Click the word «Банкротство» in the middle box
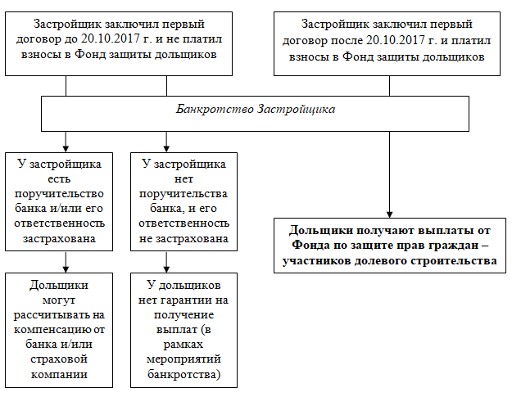click(x=215, y=109)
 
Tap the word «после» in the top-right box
click(x=347, y=41)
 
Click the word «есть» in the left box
click(x=59, y=178)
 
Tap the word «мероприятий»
click(x=184, y=359)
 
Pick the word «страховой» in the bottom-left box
click(x=59, y=359)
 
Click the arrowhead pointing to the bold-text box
click(x=389, y=214)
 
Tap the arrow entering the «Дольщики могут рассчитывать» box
click(x=66, y=262)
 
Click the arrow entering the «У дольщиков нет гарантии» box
click(x=166, y=262)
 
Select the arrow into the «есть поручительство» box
click(x=66, y=142)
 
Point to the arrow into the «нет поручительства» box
click(x=166, y=142)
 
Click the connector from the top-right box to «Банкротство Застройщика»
click(x=389, y=86)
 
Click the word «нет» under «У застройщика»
click(x=184, y=178)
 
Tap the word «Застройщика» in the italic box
click(x=297, y=109)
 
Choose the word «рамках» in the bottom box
click(x=184, y=345)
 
